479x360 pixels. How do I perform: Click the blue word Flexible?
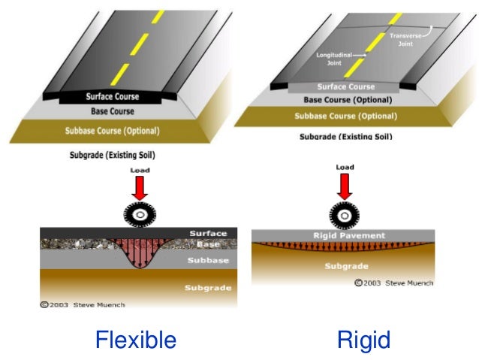[135, 340]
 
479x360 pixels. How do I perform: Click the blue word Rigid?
[364, 340]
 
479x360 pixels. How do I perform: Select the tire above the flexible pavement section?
[139, 215]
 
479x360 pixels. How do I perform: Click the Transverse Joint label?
[405, 38]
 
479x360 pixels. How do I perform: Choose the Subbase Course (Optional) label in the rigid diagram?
[345, 116]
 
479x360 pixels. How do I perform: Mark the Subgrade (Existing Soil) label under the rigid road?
[345, 137]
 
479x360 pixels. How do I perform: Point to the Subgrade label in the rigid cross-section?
[345, 266]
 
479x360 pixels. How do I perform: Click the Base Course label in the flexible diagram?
[113, 111]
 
